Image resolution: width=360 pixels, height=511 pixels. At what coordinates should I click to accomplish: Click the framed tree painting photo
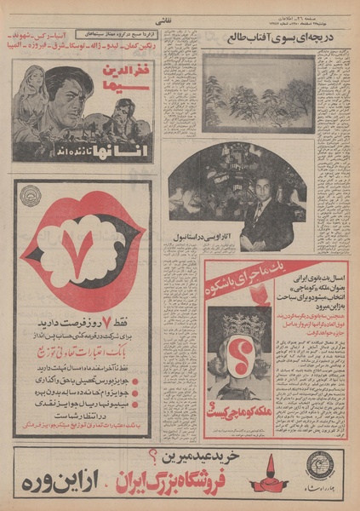[x=259, y=92]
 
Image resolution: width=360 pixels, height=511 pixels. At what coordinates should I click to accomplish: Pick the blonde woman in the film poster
[x=31, y=94]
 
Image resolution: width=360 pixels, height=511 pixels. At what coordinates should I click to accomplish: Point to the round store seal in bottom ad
[x=322, y=469]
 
